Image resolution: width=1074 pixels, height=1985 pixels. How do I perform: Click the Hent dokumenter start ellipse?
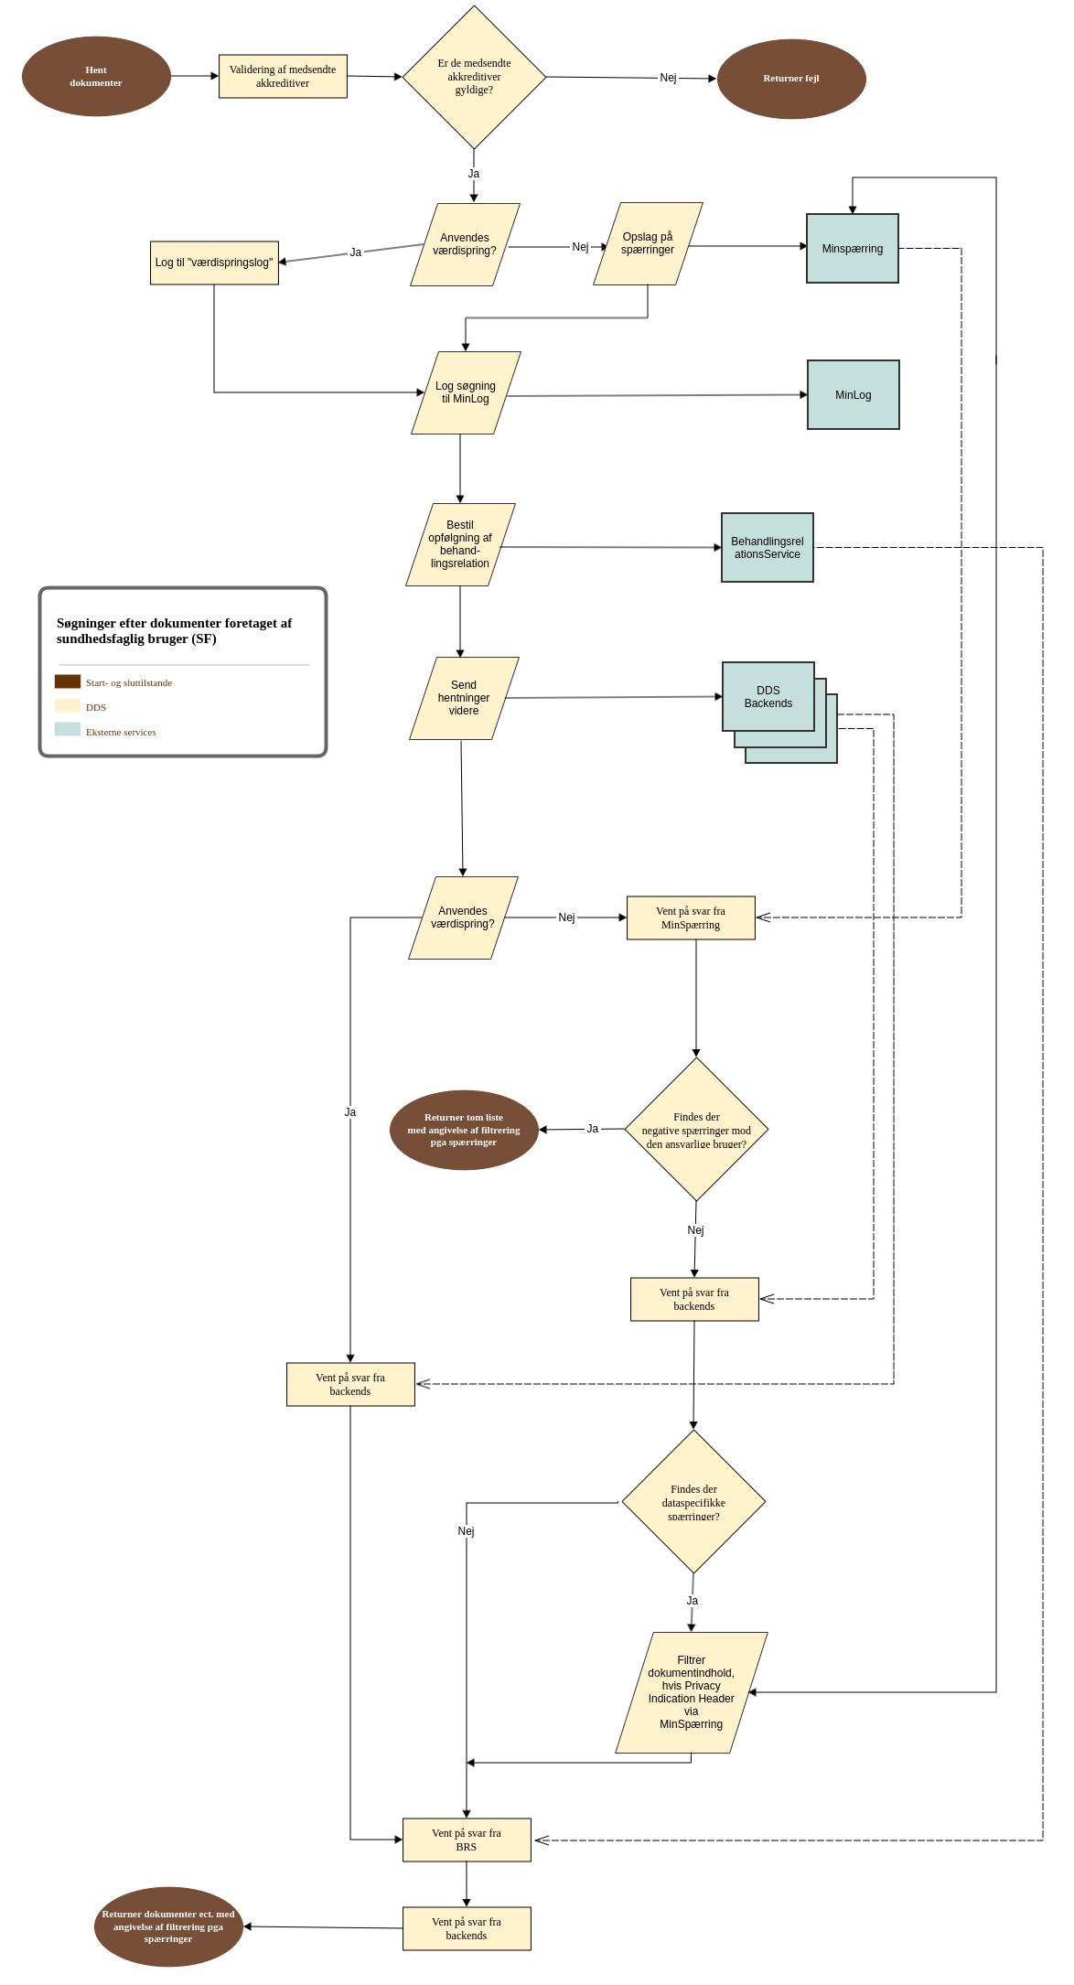tap(96, 77)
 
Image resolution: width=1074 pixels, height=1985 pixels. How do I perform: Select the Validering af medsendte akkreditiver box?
tap(283, 77)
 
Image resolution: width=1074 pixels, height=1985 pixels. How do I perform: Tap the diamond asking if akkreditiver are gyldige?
tap(474, 78)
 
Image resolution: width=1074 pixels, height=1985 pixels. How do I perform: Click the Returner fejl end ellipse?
tap(791, 79)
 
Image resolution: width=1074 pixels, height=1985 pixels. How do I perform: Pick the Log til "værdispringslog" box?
tap(214, 263)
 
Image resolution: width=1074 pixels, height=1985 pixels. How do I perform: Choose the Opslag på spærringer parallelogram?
tap(648, 244)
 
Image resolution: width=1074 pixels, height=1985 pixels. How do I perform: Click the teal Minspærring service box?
tap(853, 249)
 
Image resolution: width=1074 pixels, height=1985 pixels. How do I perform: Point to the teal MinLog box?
tap(854, 395)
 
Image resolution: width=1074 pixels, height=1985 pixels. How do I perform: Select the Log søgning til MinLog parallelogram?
tap(466, 393)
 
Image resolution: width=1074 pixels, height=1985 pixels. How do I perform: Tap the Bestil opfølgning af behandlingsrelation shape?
tap(460, 545)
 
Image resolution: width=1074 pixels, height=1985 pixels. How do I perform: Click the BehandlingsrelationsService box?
tap(768, 548)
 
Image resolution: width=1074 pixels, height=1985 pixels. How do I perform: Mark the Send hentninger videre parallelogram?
tap(464, 699)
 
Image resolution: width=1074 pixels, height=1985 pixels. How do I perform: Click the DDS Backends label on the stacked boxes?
tap(768, 697)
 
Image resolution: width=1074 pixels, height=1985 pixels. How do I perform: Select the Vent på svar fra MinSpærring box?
tap(691, 918)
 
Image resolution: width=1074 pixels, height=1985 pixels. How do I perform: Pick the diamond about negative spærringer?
tap(696, 1131)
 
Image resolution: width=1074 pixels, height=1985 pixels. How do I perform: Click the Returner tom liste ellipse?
tap(464, 1131)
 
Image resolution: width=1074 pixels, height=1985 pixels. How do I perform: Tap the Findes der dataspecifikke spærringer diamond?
tap(693, 1503)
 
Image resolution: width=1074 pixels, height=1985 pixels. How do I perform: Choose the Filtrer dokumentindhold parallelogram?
tap(692, 1693)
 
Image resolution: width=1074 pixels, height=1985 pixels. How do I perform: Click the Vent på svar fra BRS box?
tap(467, 1840)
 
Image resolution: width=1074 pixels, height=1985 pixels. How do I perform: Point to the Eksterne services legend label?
tap(121, 733)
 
